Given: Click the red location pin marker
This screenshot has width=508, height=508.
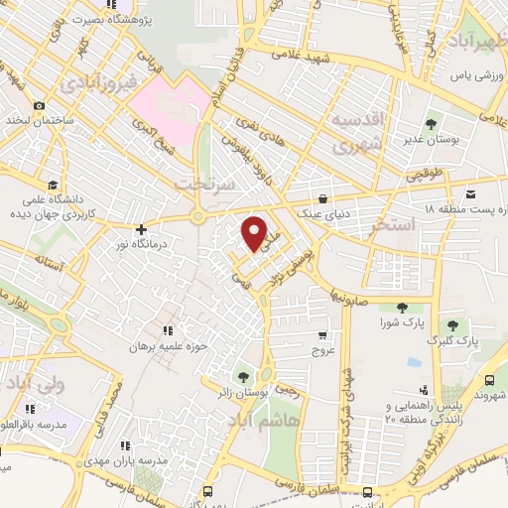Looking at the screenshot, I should pyautogui.click(x=255, y=232).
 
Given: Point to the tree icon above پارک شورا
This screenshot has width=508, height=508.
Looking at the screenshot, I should pyautogui.click(x=401, y=308).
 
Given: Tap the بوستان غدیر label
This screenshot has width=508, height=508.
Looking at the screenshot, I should pyautogui.click(x=430, y=142).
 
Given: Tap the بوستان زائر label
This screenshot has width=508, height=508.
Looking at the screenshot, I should pyautogui.click(x=245, y=394).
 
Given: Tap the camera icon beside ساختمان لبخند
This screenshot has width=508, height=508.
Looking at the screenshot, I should pyautogui.click(x=38, y=105).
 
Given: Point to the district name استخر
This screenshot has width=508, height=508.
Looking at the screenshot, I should pyautogui.click(x=387, y=227).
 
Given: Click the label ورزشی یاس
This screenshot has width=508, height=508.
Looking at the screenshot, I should pyautogui.click(x=472, y=75).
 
